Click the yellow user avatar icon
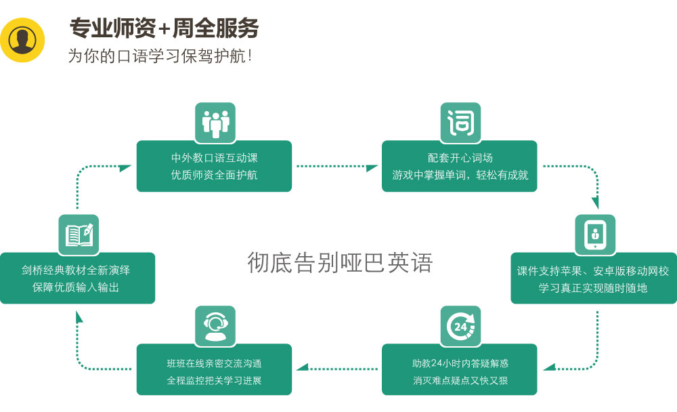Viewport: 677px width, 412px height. click(x=23, y=40)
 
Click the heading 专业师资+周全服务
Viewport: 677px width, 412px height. click(x=165, y=28)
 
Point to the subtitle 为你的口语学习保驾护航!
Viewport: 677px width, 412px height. click(x=160, y=56)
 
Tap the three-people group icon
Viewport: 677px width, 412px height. click(x=215, y=123)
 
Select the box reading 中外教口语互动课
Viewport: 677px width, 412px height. click(x=214, y=166)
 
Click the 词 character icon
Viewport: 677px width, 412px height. click(x=460, y=123)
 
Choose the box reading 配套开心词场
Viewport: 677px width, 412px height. click(x=460, y=166)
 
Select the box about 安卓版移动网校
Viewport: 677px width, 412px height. click(x=593, y=279)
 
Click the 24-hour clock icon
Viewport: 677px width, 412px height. click(x=460, y=326)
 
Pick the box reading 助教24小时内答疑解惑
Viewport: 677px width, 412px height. click(x=460, y=370)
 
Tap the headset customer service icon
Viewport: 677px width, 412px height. click(x=215, y=326)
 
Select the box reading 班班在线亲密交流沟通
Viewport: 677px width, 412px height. click(x=214, y=370)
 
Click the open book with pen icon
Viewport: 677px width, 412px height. click(x=79, y=234)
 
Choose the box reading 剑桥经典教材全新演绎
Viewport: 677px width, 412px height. click(x=77, y=279)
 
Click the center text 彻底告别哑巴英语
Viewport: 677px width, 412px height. click(x=339, y=262)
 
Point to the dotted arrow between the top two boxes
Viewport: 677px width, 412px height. click(x=336, y=166)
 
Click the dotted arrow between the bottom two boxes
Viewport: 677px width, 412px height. click(x=336, y=368)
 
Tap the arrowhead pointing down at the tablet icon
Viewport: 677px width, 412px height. click(x=596, y=203)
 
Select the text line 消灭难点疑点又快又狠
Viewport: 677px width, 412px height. click(x=460, y=380)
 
